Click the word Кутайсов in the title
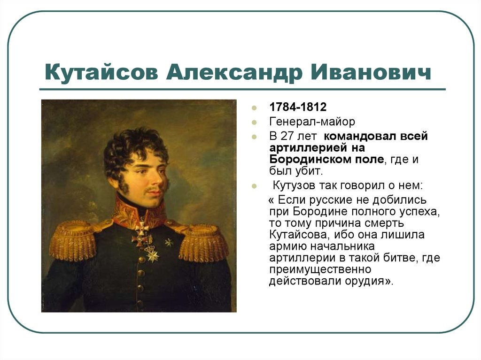pyautogui.click(x=101, y=72)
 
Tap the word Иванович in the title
pyautogui.click(x=371, y=72)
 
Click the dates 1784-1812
pyautogui.click(x=298, y=107)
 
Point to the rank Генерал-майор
pyautogui.click(x=312, y=122)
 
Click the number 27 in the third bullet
pyautogui.click(x=287, y=136)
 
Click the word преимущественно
pyautogui.click(x=320, y=269)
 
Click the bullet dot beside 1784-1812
pyautogui.click(x=254, y=107)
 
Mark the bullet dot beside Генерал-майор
pyautogui.click(x=254, y=123)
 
